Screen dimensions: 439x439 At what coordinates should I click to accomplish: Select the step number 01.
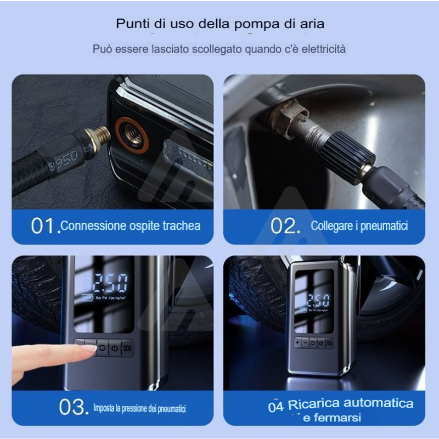click(x=44, y=226)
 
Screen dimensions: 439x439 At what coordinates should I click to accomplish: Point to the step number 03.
click(x=73, y=407)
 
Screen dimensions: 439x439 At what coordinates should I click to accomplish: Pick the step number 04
click(x=275, y=407)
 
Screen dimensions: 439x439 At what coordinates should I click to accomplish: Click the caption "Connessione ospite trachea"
click(x=131, y=226)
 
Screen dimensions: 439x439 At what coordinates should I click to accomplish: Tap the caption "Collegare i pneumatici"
click(x=359, y=226)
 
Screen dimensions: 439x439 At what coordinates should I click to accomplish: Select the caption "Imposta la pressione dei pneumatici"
click(x=139, y=408)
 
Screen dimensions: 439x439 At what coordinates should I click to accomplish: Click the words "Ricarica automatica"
click(x=351, y=404)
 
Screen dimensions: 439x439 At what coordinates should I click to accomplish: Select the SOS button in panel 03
click(x=128, y=348)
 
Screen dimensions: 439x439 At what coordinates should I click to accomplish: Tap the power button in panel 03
click(x=114, y=348)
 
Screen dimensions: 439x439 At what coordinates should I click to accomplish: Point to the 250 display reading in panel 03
click(x=110, y=283)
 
